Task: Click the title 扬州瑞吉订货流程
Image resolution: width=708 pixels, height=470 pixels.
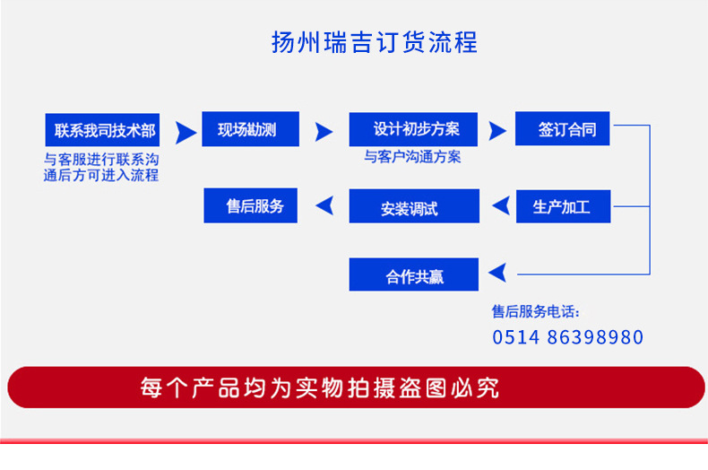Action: pyautogui.click(x=375, y=42)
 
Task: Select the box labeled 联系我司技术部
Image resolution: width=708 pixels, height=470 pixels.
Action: pyautogui.click(x=102, y=130)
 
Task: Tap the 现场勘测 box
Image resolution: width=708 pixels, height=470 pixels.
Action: pyautogui.click(x=251, y=129)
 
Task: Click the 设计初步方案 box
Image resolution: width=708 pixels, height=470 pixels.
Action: pyautogui.click(x=413, y=129)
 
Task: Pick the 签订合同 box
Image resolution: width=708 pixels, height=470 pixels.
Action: pyautogui.click(x=563, y=129)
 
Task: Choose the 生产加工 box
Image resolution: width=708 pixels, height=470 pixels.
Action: pyautogui.click(x=564, y=206)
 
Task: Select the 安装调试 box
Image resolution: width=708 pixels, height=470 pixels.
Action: pyautogui.click(x=414, y=206)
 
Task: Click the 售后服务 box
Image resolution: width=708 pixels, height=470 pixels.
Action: pyautogui.click(x=251, y=205)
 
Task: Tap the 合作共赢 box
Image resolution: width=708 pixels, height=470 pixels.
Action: pyautogui.click(x=414, y=274)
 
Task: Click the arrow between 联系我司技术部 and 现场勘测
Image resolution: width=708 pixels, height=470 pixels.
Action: pyautogui.click(x=185, y=133)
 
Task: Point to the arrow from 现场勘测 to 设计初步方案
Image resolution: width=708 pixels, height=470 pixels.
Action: pyautogui.click(x=324, y=132)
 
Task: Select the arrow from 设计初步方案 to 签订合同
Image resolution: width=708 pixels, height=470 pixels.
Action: pyautogui.click(x=496, y=131)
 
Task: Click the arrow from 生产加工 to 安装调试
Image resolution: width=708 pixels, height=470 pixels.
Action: pyautogui.click(x=502, y=205)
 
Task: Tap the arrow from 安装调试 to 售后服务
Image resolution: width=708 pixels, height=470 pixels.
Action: pyautogui.click(x=325, y=205)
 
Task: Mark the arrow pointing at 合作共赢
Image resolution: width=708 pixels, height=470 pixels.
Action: pyautogui.click(x=498, y=273)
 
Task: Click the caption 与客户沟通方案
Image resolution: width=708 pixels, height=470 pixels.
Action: pyautogui.click(x=412, y=157)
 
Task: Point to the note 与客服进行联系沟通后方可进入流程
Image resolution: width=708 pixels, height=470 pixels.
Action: pyautogui.click(x=101, y=167)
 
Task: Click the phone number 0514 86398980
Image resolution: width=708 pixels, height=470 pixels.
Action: pyautogui.click(x=567, y=337)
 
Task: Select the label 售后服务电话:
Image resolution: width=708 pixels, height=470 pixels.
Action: pyautogui.click(x=536, y=311)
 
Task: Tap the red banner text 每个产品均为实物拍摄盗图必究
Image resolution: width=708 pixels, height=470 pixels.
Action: pyautogui.click(x=320, y=387)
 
